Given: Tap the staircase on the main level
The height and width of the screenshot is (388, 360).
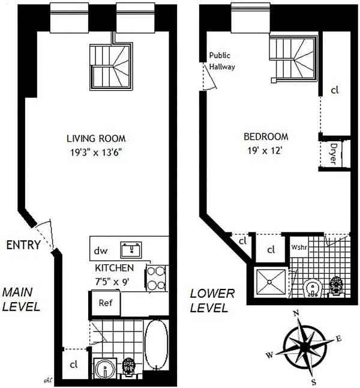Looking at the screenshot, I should coord(112,67).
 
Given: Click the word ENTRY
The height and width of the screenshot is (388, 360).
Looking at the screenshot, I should coord(23,244).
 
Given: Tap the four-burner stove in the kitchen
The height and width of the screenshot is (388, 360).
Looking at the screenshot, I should coord(155,278).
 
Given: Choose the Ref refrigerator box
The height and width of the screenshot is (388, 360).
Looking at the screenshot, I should coord(106,303).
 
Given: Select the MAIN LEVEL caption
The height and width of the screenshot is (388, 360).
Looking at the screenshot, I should coord(21,300).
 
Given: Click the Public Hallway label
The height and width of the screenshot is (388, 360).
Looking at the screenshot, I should coord(221,61).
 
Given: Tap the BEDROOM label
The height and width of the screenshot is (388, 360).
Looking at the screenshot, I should coord(266,136).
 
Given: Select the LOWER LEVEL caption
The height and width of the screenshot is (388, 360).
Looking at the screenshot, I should coord(209,301).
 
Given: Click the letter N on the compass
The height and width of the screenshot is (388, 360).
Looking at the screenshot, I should coord(295,314).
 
